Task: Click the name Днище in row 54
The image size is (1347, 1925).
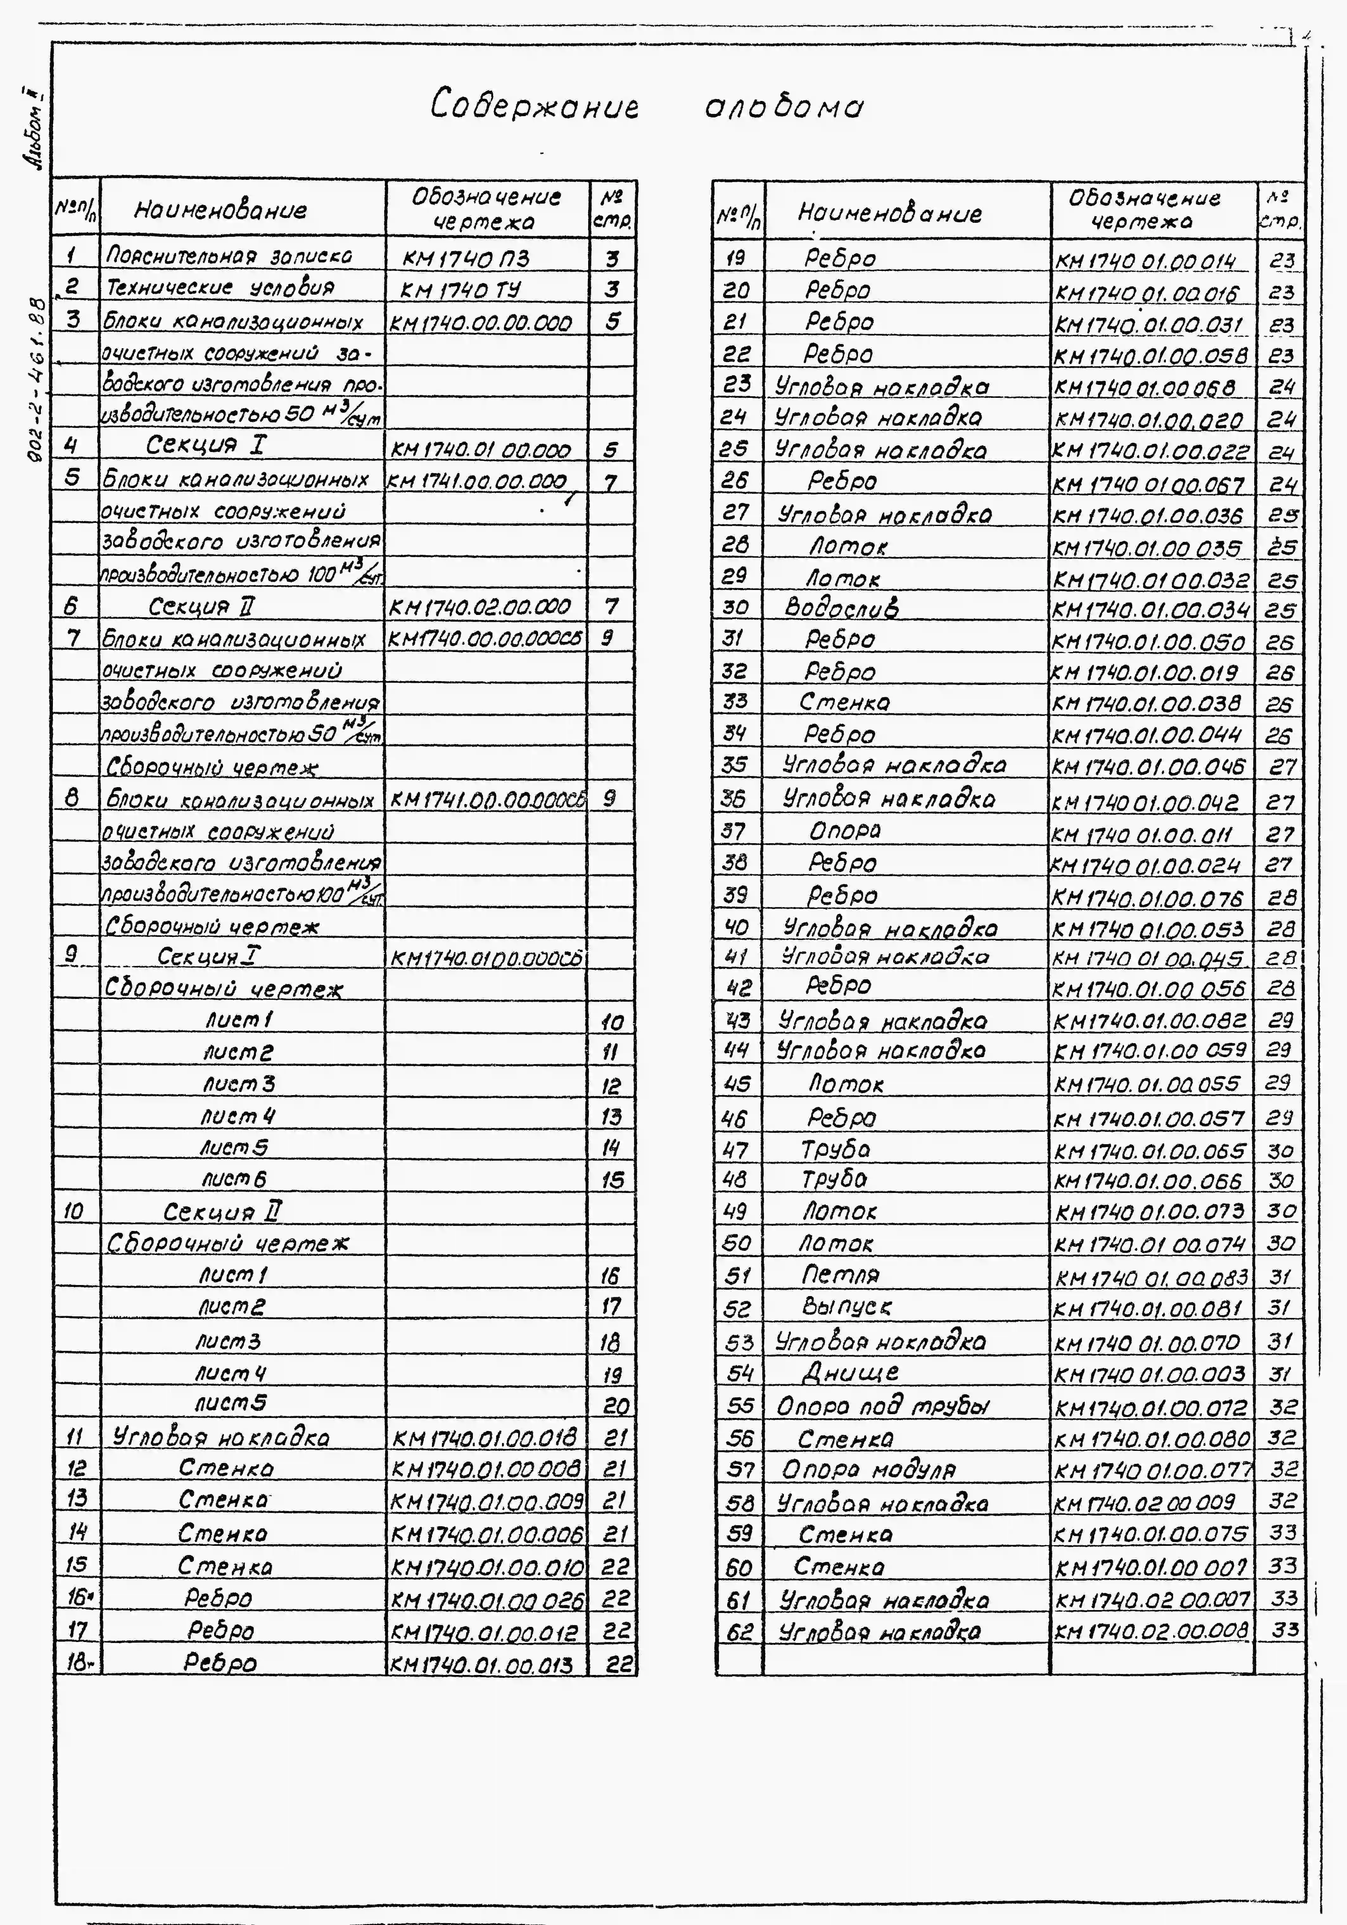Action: pyautogui.click(x=850, y=1372)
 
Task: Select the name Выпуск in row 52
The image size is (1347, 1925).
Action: pyautogui.click(x=846, y=1307)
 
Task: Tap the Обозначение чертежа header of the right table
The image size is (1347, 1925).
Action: pyautogui.click(x=1144, y=210)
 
